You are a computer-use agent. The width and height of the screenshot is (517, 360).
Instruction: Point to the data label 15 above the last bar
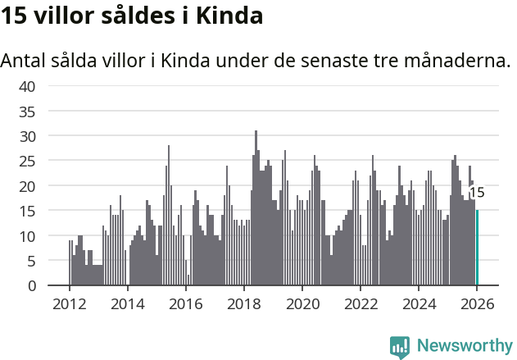tap(476, 194)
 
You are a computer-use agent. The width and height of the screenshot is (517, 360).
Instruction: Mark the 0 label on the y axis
tap(31, 285)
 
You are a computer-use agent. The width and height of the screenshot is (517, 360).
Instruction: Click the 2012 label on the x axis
tap(69, 303)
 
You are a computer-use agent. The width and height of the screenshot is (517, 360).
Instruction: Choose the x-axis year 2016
tap(185, 303)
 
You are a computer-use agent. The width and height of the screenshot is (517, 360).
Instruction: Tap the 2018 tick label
tap(243, 303)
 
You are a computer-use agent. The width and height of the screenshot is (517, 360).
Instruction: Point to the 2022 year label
tap(361, 303)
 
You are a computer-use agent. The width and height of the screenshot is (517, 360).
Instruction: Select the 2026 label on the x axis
tap(477, 303)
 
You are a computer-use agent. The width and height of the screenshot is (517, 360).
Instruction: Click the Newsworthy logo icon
tap(400, 346)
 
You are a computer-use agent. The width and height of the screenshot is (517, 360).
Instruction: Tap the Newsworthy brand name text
tap(464, 346)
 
